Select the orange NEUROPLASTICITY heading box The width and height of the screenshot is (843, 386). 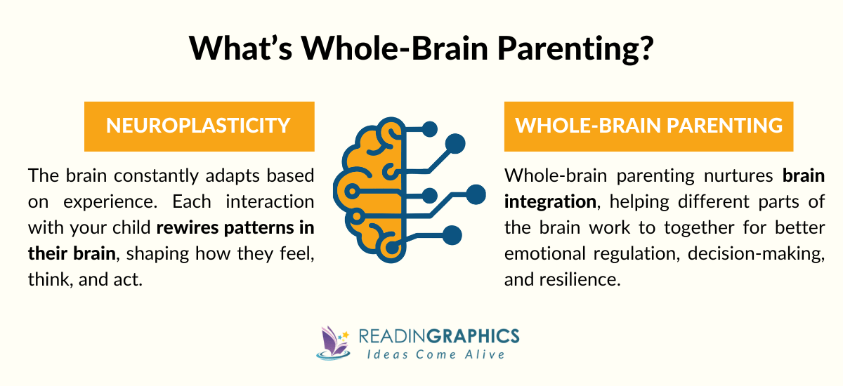199,126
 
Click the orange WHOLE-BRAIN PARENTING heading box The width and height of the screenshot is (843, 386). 649,126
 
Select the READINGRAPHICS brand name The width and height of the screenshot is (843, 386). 438,335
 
